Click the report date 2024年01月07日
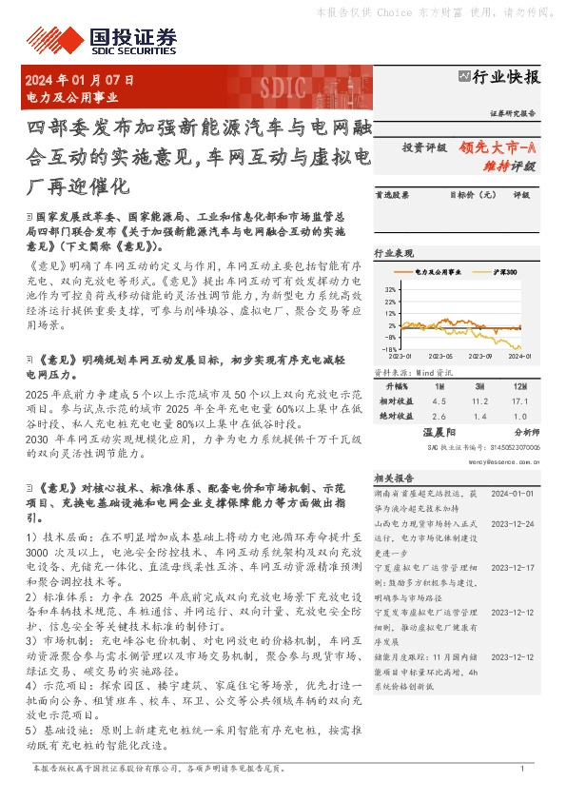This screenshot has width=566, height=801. [80, 82]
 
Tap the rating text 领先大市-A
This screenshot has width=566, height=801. [498, 147]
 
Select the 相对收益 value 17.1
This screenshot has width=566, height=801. [518, 401]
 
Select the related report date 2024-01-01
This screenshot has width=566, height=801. [515, 495]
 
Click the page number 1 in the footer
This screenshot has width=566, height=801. [522, 769]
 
